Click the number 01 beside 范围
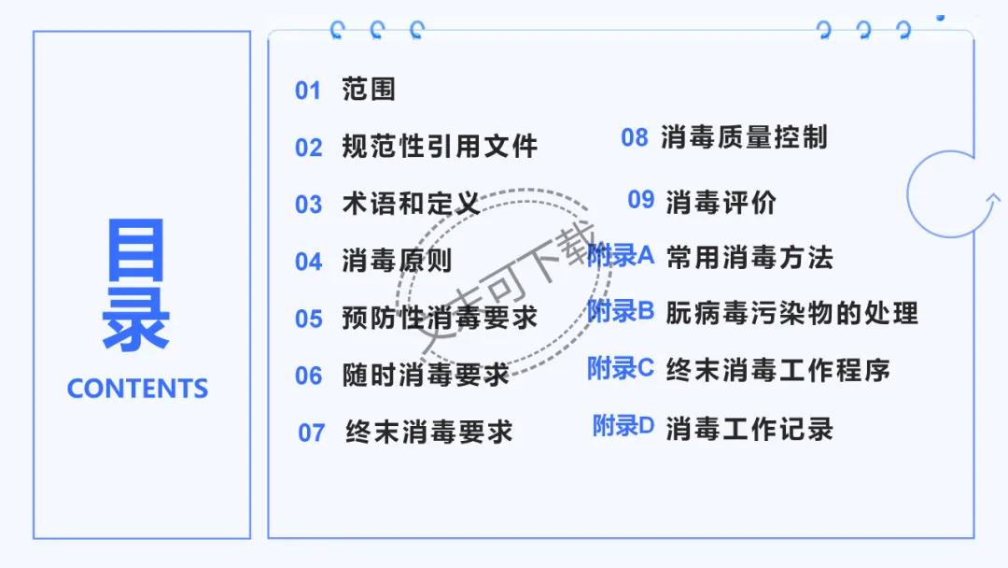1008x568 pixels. (x=308, y=91)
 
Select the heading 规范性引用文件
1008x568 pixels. (x=440, y=147)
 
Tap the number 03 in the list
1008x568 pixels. (x=308, y=205)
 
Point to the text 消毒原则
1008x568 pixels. (x=397, y=262)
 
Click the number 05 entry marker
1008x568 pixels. (x=309, y=319)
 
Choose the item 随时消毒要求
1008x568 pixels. (x=426, y=376)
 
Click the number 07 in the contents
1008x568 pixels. (x=312, y=433)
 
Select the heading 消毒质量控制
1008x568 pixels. (x=744, y=138)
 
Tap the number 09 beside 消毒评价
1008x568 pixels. (x=641, y=200)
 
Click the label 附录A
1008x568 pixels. (x=622, y=255)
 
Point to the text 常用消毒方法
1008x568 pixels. (x=749, y=258)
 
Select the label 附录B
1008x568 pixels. (x=622, y=311)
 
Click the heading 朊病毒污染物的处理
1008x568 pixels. (x=792, y=313)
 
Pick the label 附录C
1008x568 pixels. (x=622, y=368)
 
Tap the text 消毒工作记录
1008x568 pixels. (x=749, y=429)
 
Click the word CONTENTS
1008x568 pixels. (x=137, y=389)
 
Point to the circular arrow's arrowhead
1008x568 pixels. (x=992, y=198)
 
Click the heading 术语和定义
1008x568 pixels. (x=411, y=204)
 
